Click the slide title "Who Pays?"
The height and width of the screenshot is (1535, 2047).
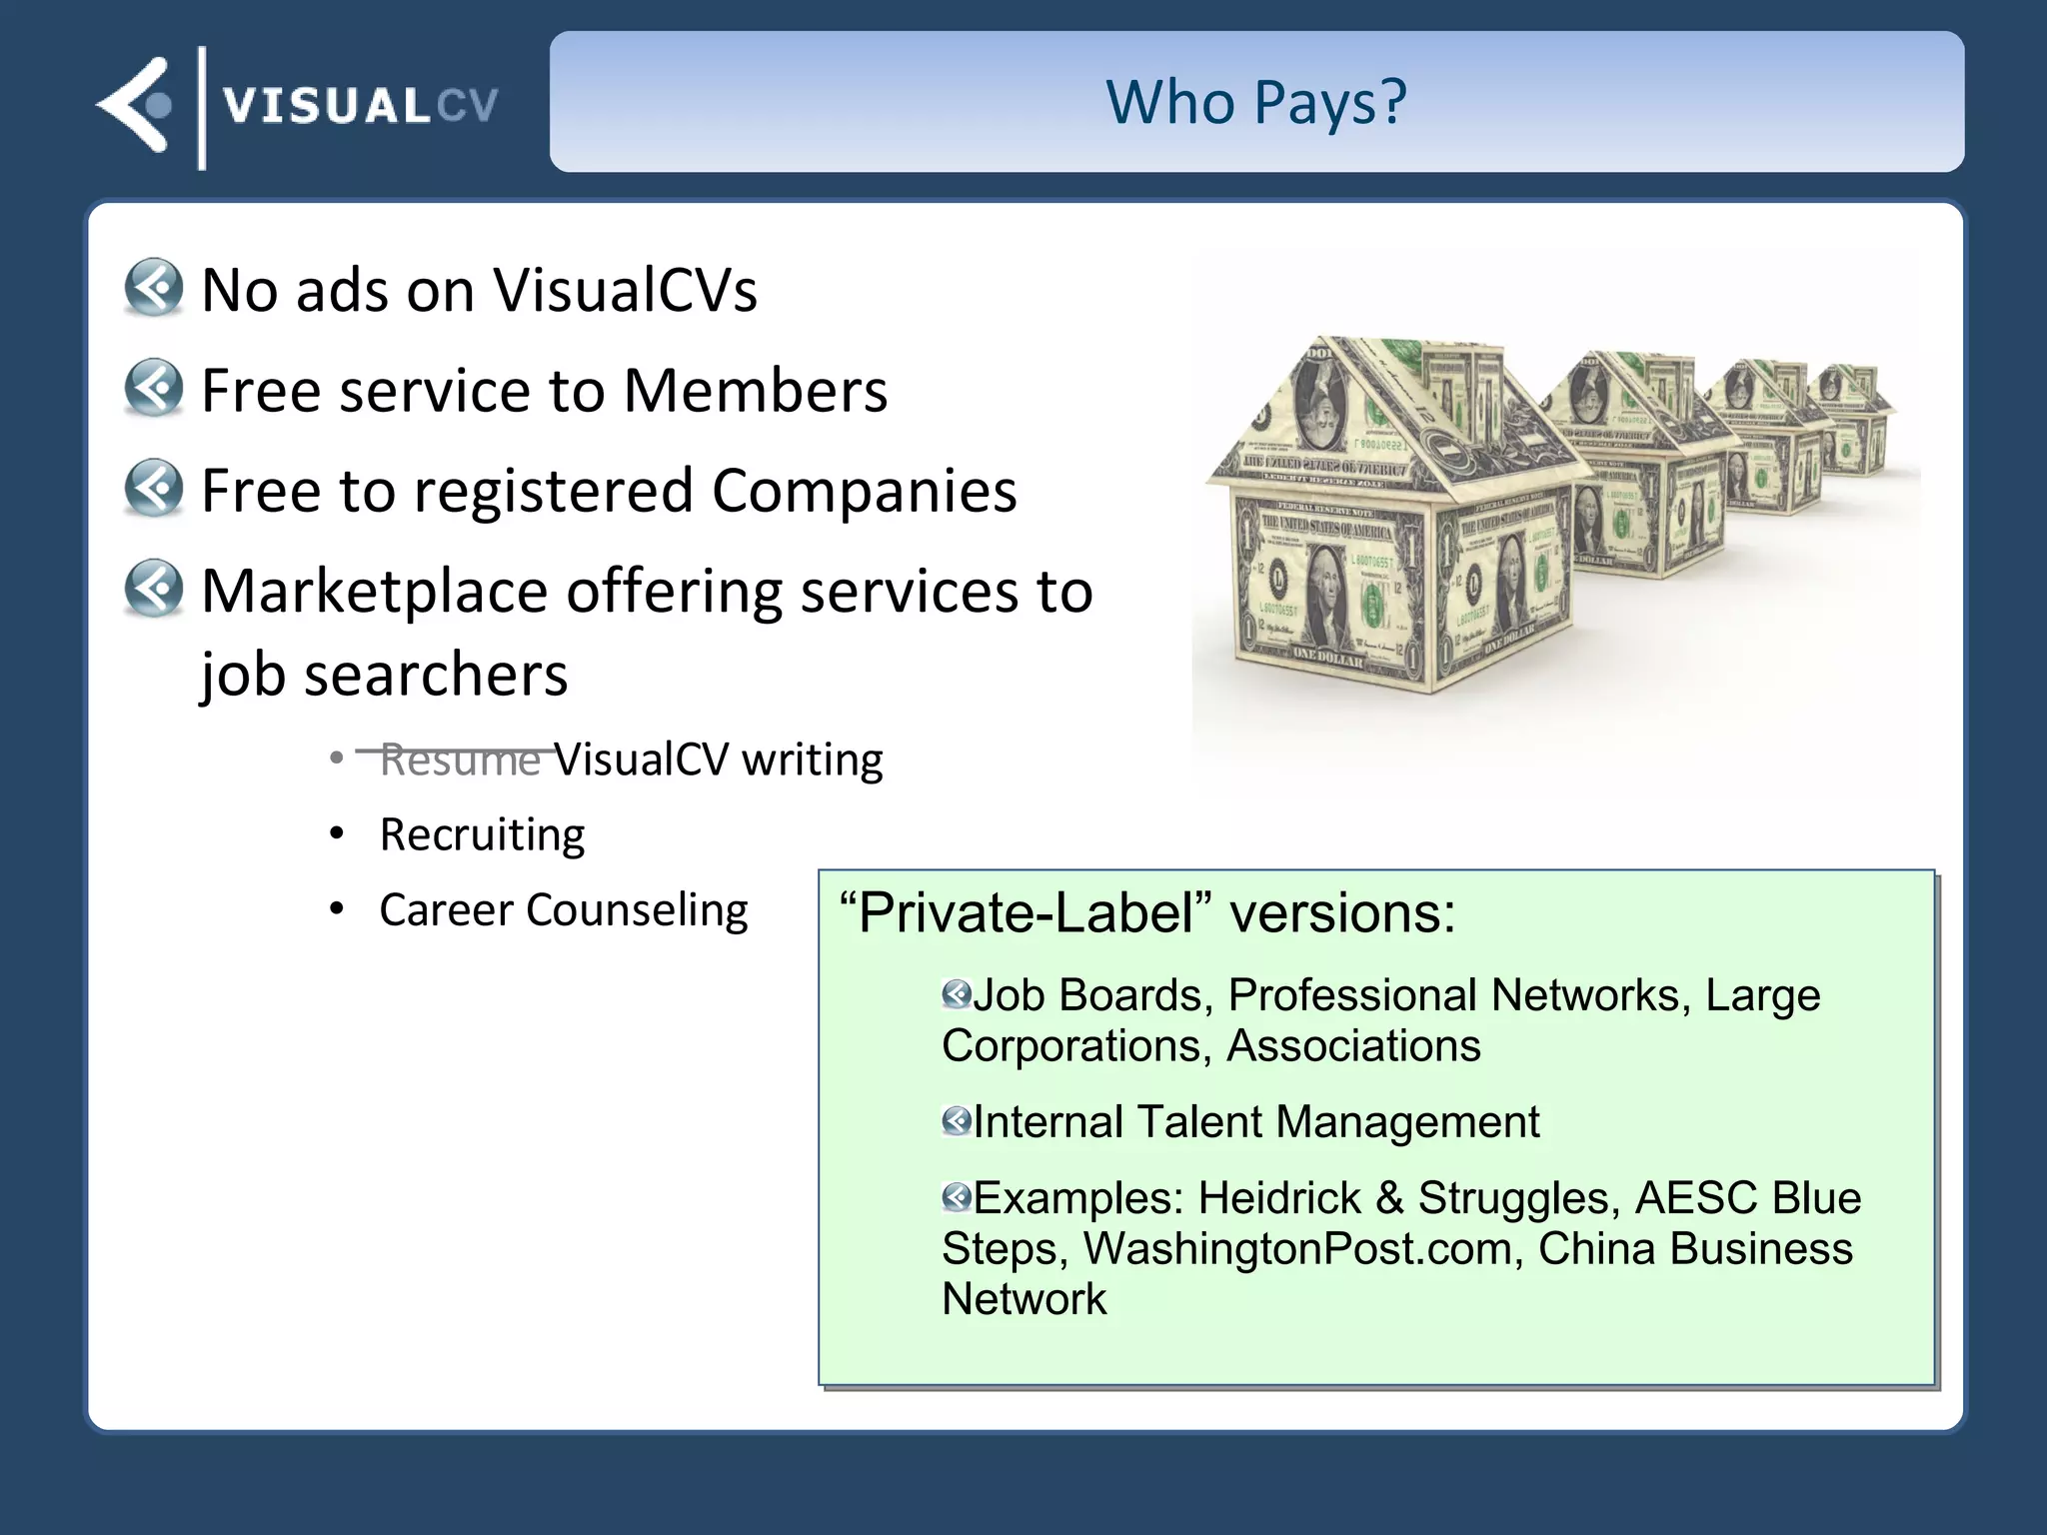[x=1256, y=102]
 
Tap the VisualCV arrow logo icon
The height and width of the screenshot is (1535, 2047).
[x=135, y=105]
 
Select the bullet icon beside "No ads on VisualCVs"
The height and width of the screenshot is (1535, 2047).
[x=154, y=288]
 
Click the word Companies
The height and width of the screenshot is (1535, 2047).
[x=864, y=491]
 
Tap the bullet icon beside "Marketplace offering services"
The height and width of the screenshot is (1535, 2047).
[x=154, y=589]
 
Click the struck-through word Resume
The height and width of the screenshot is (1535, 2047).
[x=460, y=760]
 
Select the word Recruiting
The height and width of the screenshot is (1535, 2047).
[x=482, y=834]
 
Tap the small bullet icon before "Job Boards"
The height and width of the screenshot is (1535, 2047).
[x=957, y=993]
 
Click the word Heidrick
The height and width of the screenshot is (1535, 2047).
[x=1280, y=1197]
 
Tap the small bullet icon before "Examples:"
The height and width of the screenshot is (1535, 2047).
[x=957, y=1196]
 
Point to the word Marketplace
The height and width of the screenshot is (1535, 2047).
[x=374, y=591]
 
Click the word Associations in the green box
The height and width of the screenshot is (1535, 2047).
[x=1353, y=1046]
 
